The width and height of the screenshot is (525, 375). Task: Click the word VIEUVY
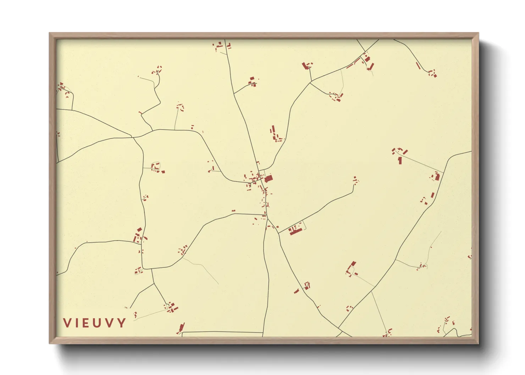point(94,323)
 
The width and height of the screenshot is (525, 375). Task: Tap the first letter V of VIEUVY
point(67,323)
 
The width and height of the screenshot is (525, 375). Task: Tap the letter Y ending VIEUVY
point(122,323)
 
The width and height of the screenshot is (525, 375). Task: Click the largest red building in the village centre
point(269,178)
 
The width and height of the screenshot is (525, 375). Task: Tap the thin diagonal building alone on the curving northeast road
point(418,66)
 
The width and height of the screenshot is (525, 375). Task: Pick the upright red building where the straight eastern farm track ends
point(400,161)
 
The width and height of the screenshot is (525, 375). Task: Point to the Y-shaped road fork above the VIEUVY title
point(154,283)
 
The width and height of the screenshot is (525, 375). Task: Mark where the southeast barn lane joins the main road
point(279,233)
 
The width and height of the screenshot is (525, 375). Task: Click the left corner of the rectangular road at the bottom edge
point(182,333)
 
